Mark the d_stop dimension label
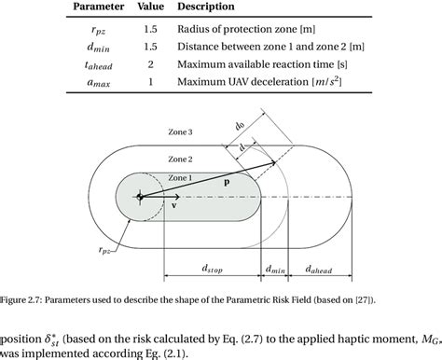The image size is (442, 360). pyautogui.click(x=214, y=269)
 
